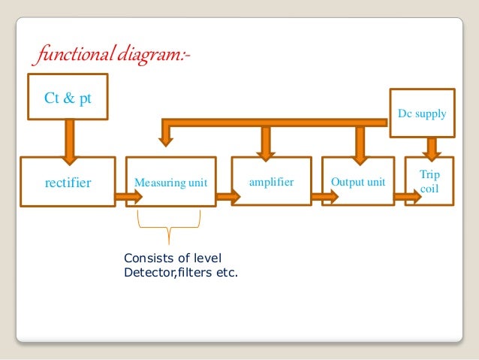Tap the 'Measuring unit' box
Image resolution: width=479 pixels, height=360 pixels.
click(x=170, y=181)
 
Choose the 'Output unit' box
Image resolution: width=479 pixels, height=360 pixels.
click(x=358, y=181)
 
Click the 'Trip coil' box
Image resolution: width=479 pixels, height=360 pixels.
click(x=429, y=181)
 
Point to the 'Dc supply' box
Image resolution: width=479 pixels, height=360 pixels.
click(x=422, y=114)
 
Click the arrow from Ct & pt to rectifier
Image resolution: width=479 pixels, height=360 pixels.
click(x=68, y=139)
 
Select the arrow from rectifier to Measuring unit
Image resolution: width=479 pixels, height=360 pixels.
click(x=128, y=198)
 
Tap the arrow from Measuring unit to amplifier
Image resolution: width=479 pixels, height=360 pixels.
click(x=227, y=198)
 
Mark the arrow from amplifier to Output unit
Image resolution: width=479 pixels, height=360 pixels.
click(x=324, y=198)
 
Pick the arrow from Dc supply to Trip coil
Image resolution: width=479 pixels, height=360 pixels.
click(x=431, y=146)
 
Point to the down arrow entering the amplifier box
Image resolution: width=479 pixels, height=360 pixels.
click(x=265, y=141)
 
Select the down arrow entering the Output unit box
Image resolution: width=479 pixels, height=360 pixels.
click(x=360, y=141)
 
